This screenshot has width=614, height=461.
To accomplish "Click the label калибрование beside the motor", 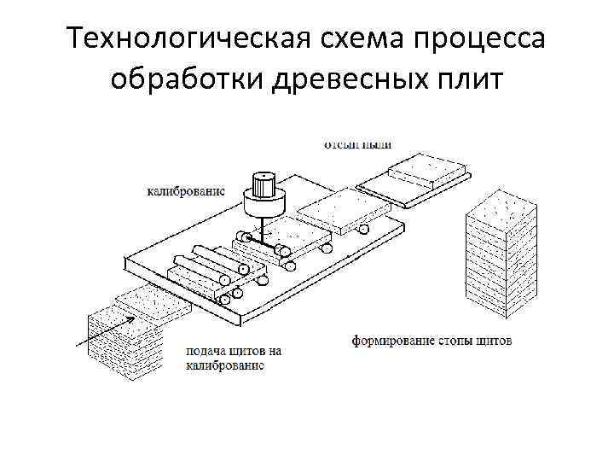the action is pyautogui.click(x=185, y=191).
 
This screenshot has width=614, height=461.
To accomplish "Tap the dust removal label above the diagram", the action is pyautogui.click(x=357, y=144).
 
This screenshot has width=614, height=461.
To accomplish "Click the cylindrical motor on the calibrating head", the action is pyautogui.click(x=262, y=193).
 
